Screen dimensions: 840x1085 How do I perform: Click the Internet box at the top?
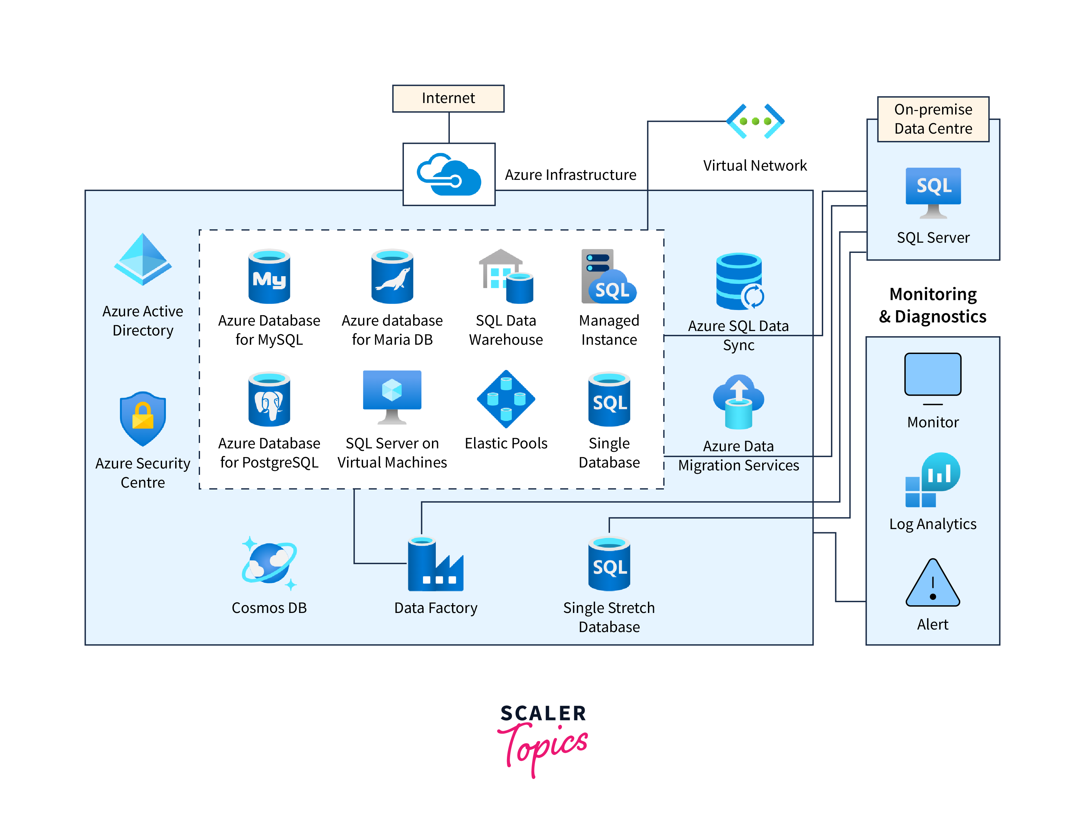click(x=448, y=98)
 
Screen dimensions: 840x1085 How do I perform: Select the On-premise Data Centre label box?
click(x=933, y=119)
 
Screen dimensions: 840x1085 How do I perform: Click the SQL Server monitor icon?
click(x=933, y=193)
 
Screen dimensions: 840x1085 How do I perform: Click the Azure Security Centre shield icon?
click(x=143, y=419)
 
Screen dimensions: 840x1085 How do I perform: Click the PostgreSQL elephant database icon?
click(x=269, y=399)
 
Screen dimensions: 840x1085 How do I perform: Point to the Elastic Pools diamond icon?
click(x=506, y=399)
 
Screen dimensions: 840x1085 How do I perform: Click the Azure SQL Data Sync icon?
click(x=739, y=282)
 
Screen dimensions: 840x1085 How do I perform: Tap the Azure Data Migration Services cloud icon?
click(x=739, y=402)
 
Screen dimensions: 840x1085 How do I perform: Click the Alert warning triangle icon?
click(x=933, y=584)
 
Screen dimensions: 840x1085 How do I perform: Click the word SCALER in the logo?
click(x=543, y=713)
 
